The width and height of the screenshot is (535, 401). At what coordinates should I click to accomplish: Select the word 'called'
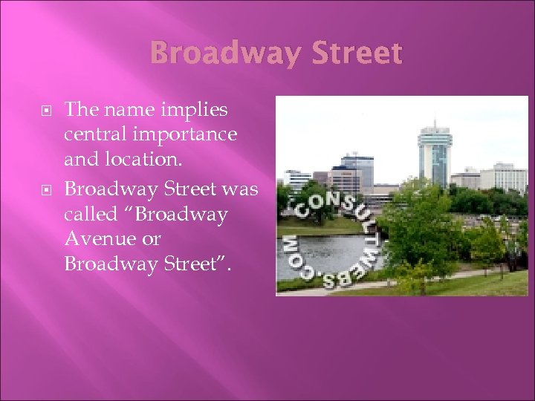point(89,214)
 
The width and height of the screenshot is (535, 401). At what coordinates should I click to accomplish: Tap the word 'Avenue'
point(94,239)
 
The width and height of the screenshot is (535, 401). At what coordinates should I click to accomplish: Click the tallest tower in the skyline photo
point(434,156)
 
